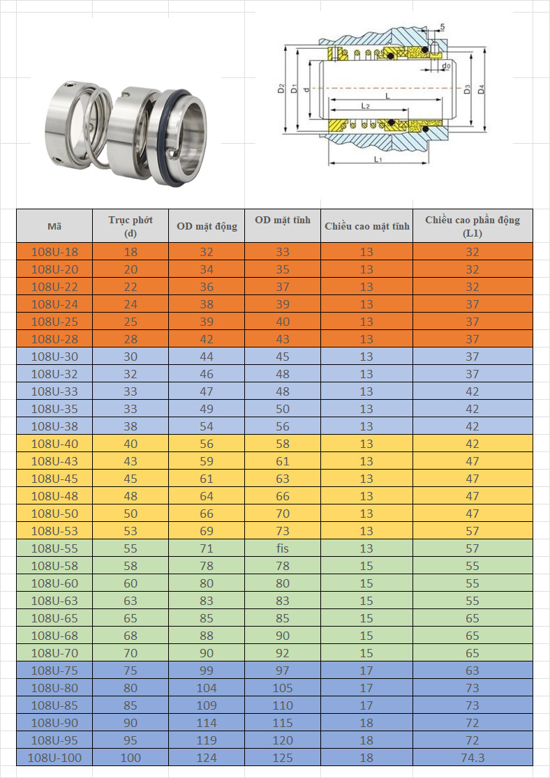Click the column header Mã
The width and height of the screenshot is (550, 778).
[54, 226]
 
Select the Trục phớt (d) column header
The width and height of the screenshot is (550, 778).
[131, 226]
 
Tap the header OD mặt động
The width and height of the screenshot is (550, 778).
[207, 226]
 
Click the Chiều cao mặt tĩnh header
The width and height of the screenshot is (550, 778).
[366, 226]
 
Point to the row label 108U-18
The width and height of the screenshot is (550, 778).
[54, 252]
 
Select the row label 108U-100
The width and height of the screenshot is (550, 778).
[54, 758]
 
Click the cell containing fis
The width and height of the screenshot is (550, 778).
[283, 548]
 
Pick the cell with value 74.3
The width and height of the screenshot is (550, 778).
[473, 758]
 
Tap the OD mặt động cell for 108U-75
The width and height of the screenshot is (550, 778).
[207, 671]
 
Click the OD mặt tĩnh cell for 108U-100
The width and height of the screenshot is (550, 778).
[283, 758]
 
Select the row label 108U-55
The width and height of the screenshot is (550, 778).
[54, 548]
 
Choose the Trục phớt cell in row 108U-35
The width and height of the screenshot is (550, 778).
[131, 409]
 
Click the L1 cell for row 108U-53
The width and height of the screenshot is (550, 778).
[473, 531]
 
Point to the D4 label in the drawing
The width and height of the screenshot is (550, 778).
[482, 89]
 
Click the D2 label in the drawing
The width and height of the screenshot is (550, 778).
[281, 89]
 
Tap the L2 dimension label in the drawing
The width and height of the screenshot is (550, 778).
[365, 106]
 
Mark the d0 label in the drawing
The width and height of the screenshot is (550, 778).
[446, 66]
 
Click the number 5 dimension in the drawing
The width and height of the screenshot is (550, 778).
[443, 27]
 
